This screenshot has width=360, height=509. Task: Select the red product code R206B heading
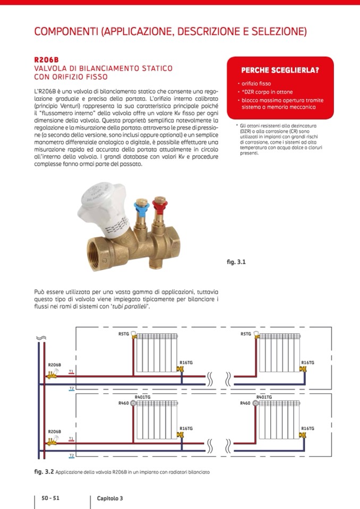[x=46, y=59]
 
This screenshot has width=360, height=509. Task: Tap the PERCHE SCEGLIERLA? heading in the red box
[x=280, y=70]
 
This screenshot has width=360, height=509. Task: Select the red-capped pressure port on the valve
[x=159, y=204]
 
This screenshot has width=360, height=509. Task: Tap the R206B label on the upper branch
[x=54, y=365]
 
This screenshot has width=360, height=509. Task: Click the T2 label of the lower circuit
[x=71, y=455]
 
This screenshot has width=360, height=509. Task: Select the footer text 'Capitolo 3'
[x=110, y=498]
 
